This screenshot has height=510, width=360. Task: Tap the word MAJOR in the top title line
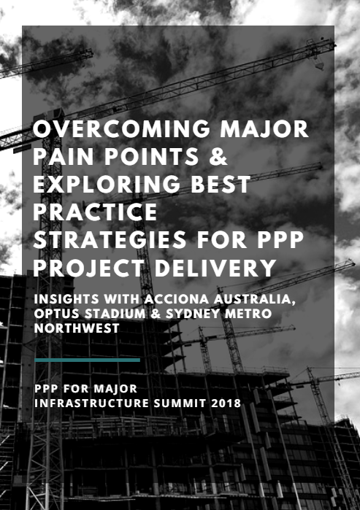point(264,129)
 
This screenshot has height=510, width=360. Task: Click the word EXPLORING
point(107,184)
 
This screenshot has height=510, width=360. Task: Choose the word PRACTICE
point(95,212)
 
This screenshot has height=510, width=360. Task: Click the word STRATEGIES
point(110,239)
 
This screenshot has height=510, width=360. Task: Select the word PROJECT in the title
point(88,268)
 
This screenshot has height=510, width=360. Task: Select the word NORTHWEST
point(77,328)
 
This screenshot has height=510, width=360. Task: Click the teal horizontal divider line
point(87,360)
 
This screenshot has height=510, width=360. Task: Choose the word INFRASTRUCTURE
point(91,403)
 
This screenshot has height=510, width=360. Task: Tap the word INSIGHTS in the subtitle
point(66,299)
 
